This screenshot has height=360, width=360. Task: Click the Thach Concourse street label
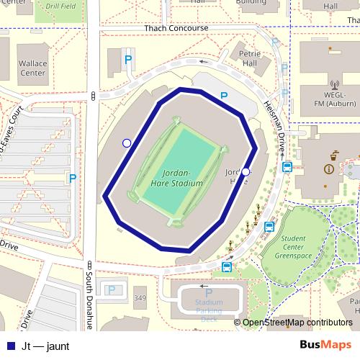[x=176, y=28]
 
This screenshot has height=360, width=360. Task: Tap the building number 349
[x=140, y=298]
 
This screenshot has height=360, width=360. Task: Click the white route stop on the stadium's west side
[x=127, y=143]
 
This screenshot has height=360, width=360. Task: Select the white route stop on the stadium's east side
[x=246, y=172]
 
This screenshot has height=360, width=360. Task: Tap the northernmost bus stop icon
[x=287, y=168]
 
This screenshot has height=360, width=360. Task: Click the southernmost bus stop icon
[x=227, y=268]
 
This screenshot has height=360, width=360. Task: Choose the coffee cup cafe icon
[x=334, y=153]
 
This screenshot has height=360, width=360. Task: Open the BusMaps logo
[x=326, y=345]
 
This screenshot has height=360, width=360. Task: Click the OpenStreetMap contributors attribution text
[x=297, y=323]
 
